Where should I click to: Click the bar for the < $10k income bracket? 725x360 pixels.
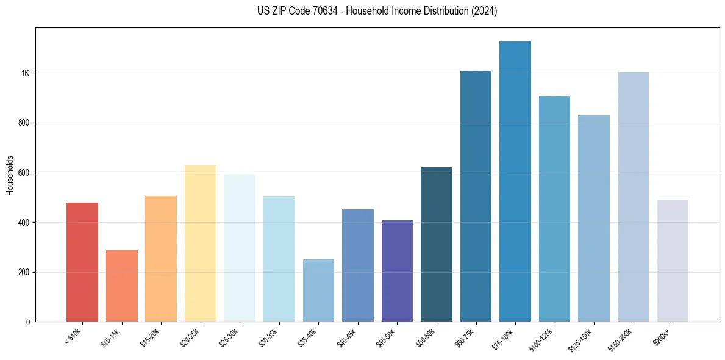[82, 262]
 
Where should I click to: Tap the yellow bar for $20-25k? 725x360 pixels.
[200, 243]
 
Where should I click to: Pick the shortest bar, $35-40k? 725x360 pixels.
[318, 290]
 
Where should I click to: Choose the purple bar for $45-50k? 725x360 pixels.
[397, 271]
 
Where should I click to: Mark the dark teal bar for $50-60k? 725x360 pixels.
[437, 244]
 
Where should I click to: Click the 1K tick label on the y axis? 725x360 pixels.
[25, 73]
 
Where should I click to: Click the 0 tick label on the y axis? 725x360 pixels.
[27, 322]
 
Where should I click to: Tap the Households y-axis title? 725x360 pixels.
[10, 175]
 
